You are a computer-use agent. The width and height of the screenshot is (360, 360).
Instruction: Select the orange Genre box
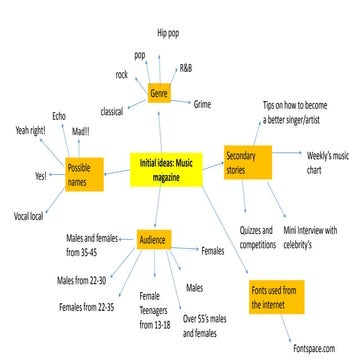coord(158,94)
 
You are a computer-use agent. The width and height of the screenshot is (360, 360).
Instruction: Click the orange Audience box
coord(153,240)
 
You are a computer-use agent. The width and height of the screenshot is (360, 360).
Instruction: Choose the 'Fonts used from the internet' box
coord(274,297)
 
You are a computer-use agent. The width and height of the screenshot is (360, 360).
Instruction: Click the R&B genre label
coord(187,68)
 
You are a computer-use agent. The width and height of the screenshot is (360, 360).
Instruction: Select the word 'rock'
coord(121,75)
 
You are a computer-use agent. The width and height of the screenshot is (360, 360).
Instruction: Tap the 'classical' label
coord(117,111)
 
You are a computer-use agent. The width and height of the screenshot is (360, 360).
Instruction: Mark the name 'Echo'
coord(60,115)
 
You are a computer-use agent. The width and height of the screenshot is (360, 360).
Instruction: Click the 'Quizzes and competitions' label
coord(257,237)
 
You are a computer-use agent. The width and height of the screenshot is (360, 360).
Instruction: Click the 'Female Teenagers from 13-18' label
coord(158,311)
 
